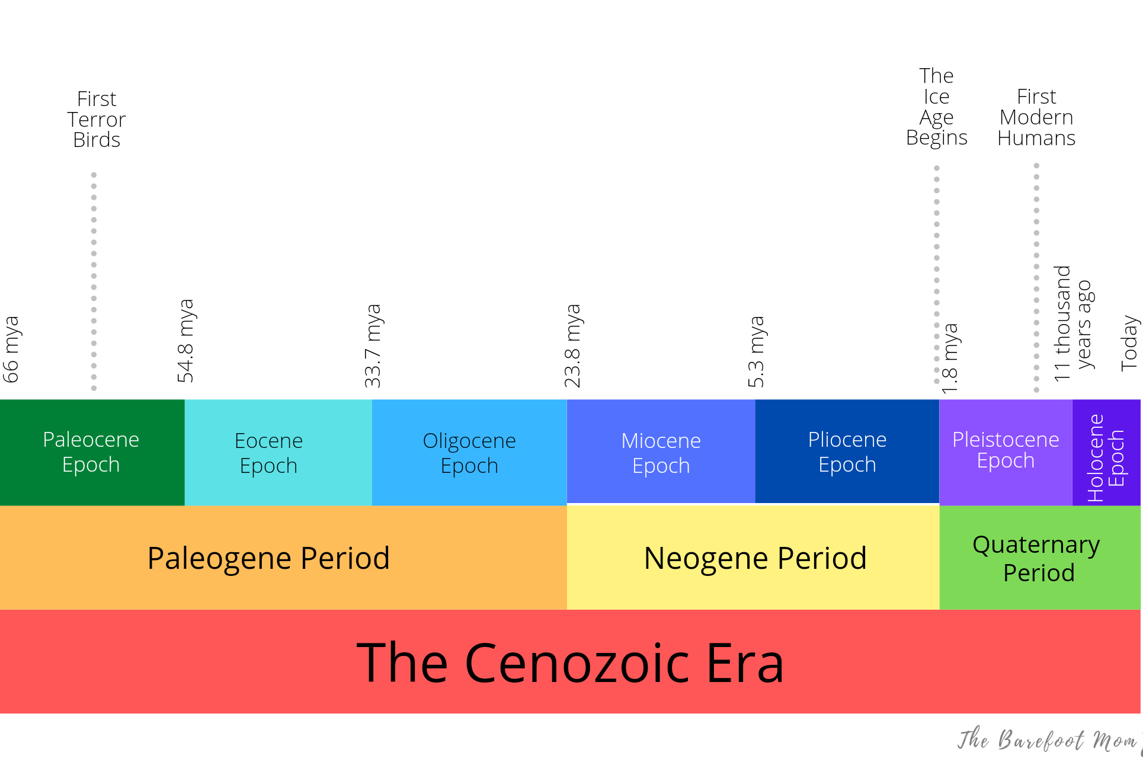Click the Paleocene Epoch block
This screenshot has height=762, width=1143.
pos(92,452)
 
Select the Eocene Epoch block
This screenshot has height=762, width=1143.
pos(278,452)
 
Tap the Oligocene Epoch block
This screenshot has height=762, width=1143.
pos(469,452)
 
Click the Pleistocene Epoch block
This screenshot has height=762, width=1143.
pos(1006,452)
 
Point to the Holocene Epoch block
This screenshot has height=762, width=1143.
pos(1106,452)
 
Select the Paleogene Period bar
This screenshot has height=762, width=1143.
pos(283,558)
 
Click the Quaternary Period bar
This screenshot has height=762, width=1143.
pos(1040,558)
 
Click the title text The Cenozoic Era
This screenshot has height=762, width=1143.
pos(570,662)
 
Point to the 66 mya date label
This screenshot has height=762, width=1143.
pos(11,350)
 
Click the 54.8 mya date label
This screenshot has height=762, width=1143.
pos(185,341)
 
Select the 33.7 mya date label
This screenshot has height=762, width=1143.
pos(373,346)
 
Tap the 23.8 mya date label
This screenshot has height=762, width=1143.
pos(572,346)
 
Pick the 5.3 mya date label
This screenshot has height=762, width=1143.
pos(756,352)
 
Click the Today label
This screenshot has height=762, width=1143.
pos(1129,343)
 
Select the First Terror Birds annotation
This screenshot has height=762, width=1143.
pos(97,119)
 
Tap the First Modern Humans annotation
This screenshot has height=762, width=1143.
pos(1036,117)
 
